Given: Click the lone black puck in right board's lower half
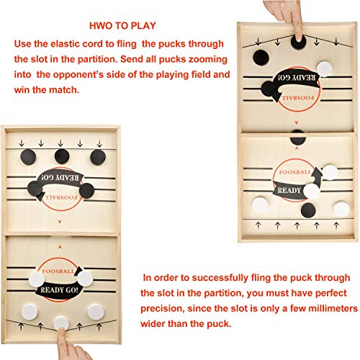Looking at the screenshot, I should (309, 210).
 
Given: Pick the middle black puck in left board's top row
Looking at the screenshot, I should (63, 156).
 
